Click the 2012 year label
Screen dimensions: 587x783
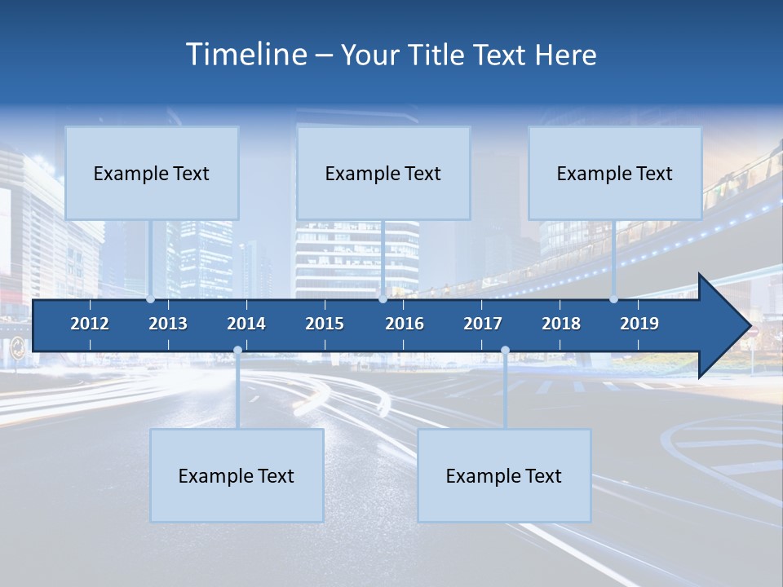tap(90, 324)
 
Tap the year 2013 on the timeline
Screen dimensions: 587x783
tap(168, 324)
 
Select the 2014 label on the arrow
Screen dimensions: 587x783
tap(246, 324)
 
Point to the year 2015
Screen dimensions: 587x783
tap(325, 324)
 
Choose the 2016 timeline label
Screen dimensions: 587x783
tap(405, 324)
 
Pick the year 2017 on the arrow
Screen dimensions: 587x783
tap(483, 324)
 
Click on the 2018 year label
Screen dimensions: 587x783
tap(561, 324)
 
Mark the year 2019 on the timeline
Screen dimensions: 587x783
tap(639, 324)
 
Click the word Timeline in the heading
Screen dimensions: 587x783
tap(246, 55)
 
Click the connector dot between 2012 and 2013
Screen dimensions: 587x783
tap(150, 299)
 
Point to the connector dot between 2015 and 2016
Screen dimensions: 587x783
tap(383, 299)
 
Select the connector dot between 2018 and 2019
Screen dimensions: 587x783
tap(613, 299)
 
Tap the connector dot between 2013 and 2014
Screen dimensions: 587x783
tap(237, 350)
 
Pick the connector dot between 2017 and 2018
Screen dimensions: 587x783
tap(505, 350)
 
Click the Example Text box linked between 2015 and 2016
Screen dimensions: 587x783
tap(383, 173)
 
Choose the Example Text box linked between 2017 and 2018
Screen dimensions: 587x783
tap(504, 475)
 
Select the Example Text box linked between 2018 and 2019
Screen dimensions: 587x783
tap(615, 173)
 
